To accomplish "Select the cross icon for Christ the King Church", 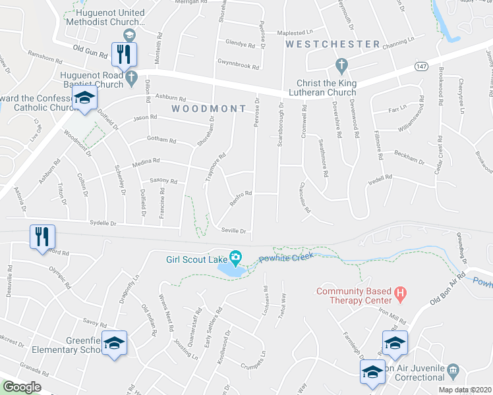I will pyautogui.click(x=341, y=65).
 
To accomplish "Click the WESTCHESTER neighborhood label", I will pyautogui.click(x=333, y=44).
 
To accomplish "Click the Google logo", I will pyautogui.click(x=22, y=387).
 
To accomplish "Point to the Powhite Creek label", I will pyautogui.click(x=283, y=259).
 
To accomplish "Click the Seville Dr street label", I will pyautogui.click(x=234, y=230).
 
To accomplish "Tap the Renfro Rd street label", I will pyautogui.click(x=241, y=196).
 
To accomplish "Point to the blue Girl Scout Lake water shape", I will pyautogui.click(x=230, y=269).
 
